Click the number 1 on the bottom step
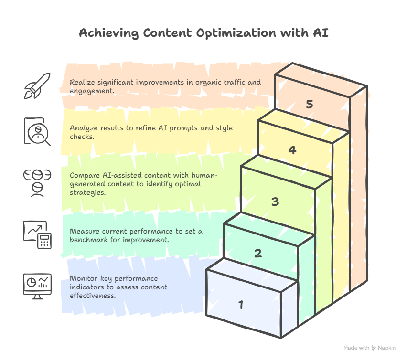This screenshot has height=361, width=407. [241, 304]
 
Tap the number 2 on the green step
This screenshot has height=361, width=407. [258, 253]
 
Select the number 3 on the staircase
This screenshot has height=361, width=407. [275, 202]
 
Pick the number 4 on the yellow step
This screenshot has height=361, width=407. [292, 150]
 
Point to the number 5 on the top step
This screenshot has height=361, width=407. [310, 104]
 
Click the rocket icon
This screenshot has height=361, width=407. [37, 86]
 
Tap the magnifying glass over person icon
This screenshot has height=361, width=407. [37, 131]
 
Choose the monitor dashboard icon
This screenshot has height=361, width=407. [37, 286]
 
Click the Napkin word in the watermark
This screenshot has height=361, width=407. [387, 348]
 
